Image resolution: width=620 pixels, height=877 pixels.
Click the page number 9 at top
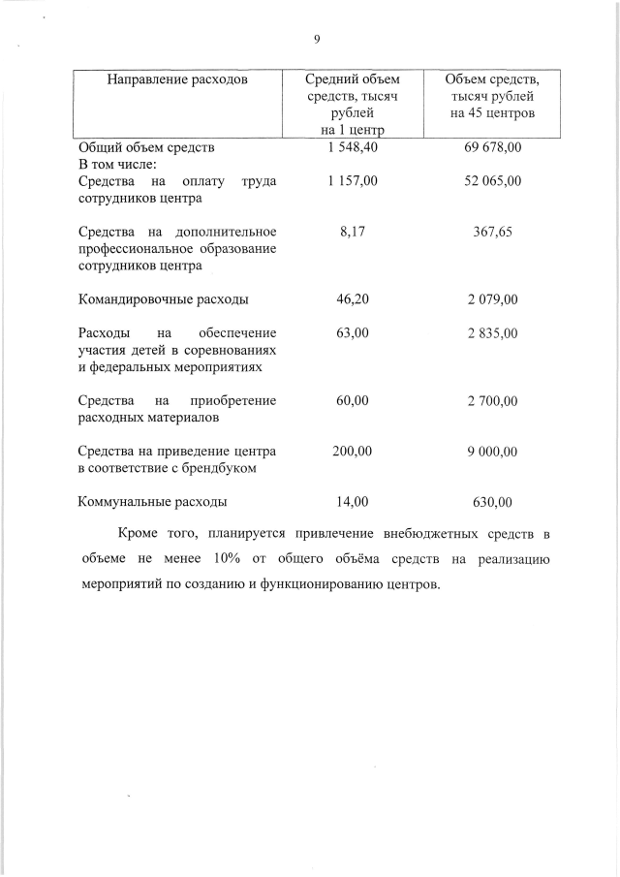[x=316, y=40]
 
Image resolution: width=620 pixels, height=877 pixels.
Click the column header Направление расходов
[x=177, y=78]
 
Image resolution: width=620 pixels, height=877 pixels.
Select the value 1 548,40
[x=352, y=148]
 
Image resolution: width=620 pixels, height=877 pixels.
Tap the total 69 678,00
[x=493, y=148]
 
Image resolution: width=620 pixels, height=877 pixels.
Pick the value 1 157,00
[x=352, y=181]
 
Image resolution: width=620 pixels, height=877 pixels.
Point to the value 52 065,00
[x=493, y=181]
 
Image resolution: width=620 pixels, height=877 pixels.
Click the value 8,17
[x=352, y=232]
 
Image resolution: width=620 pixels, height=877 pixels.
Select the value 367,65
[x=493, y=232]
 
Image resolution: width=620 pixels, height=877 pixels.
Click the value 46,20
[x=352, y=298]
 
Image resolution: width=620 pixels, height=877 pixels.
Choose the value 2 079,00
[x=493, y=298]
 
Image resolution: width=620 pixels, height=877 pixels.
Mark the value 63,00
[x=352, y=332]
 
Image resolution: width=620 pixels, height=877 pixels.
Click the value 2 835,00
[x=493, y=332]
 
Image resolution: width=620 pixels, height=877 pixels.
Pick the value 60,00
[x=352, y=400]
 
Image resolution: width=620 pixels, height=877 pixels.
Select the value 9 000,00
[x=493, y=451]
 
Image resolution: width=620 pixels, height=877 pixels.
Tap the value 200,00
[x=352, y=451]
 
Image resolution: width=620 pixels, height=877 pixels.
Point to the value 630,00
[x=493, y=502]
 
